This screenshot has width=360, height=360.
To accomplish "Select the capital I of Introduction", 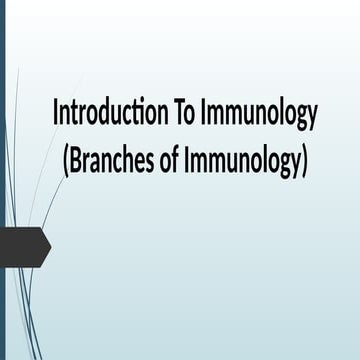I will point(56,114).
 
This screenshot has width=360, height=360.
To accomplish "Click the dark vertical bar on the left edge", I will point(3,180).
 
